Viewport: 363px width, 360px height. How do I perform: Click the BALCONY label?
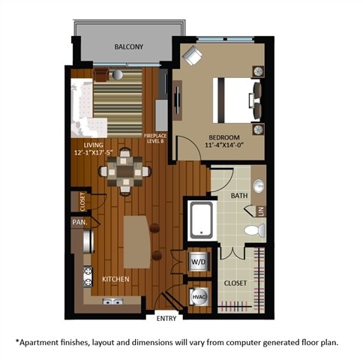(x=129, y=47)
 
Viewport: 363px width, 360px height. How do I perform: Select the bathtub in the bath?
(x=202, y=218)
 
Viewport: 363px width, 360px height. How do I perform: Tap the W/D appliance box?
(x=198, y=262)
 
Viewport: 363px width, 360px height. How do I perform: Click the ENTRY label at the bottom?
(x=166, y=319)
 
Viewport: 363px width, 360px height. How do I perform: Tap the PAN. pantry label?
(x=80, y=222)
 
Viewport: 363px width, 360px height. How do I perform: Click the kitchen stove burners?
(x=88, y=274)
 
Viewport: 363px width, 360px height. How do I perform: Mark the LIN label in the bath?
(x=262, y=211)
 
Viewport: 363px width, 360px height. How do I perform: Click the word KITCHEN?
(x=115, y=279)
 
